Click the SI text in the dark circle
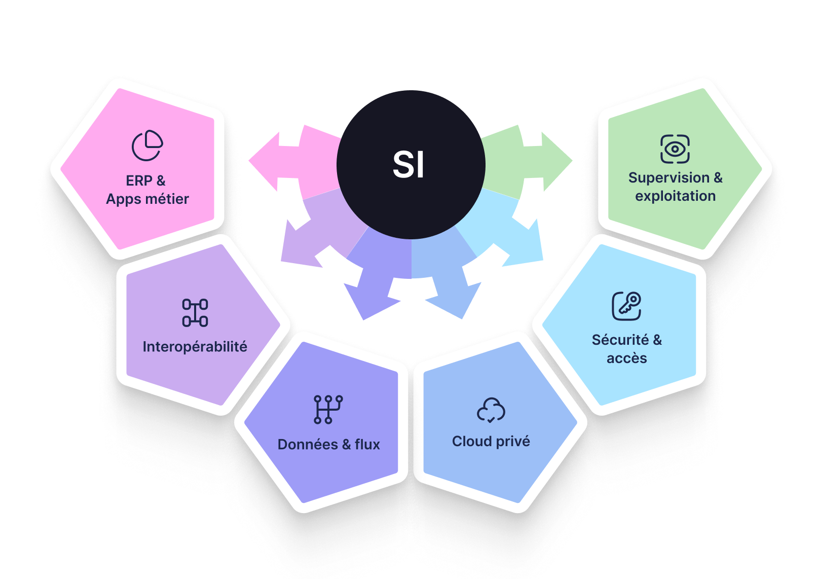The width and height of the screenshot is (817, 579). pyautogui.click(x=409, y=165)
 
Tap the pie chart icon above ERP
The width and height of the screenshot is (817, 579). pyautogui.click(x=147, y=146)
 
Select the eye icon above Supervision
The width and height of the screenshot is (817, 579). pyautogui.click(x=675, y=149)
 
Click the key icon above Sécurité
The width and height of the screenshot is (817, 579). pyautogui.click(x=627, y=306)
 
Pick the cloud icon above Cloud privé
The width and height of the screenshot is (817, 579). pyautogui.click(x=491, y=410)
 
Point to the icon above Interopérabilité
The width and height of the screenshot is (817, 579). pyautogui.click(x=195, y=313)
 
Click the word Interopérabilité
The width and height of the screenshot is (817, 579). pyautogui.click(x=195, y=347)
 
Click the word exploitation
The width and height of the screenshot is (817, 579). pyautogui.click(x=675, y=196)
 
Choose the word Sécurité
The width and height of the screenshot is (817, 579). pyautogui.click(x=620, y=340)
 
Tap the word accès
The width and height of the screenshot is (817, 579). pyautogui.click(x=627, y=358)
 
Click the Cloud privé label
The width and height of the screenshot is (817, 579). pyautogui.click(x=491, y=442)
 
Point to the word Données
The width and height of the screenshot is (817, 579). pyautogui.click(x=308, y=445)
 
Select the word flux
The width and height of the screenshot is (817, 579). pyautogui.click(x=367, y=445)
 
